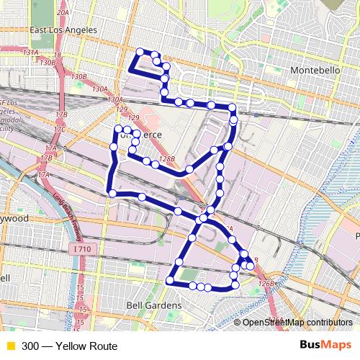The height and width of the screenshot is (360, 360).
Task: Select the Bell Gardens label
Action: click(153, 306)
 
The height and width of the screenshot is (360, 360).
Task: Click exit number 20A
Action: click(63, 13)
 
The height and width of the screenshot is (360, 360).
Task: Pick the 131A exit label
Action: click(30, 53)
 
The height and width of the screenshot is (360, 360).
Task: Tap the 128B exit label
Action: click(167, 159)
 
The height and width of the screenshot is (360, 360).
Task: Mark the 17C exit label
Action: click(60, 130)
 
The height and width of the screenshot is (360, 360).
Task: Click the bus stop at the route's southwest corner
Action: click(171, 279)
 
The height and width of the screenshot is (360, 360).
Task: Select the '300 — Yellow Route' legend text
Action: click(69, 346)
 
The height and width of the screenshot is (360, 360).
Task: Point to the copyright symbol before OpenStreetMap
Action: click(238, 323)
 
